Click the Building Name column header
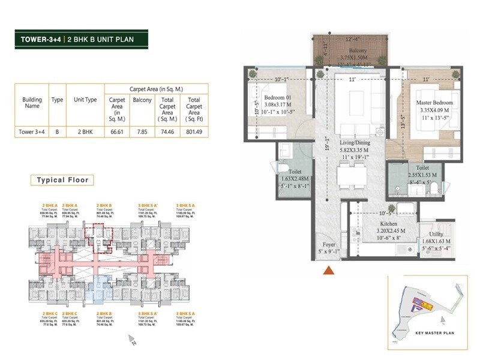point(32,103)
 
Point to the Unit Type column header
point(85,100)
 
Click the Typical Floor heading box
point(63,179)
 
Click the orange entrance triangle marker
point(328,271)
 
